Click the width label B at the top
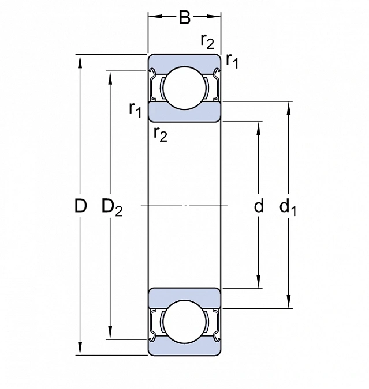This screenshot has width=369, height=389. click(x=184, y=18)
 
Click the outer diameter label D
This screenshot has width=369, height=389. click(x=81, y=206)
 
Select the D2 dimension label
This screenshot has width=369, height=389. click(x=112, y=207)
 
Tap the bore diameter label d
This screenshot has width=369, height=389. click(x=259, y=206)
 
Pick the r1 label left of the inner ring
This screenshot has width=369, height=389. click(x=135, y=108)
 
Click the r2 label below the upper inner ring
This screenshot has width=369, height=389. click(x=161, y=135)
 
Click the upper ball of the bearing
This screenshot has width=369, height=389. click(x=185, y=88)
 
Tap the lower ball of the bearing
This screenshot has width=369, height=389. click(x=185, y=323)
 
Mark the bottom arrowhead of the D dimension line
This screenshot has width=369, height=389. click(x=80, y=351)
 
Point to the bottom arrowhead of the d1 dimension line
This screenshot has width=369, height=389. click(x=289, y=304)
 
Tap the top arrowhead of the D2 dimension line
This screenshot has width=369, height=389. click(x=110, y=75)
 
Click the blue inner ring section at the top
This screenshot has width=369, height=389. click(x=185, y=112)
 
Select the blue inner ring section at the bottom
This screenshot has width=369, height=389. click(x=185, y=297)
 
